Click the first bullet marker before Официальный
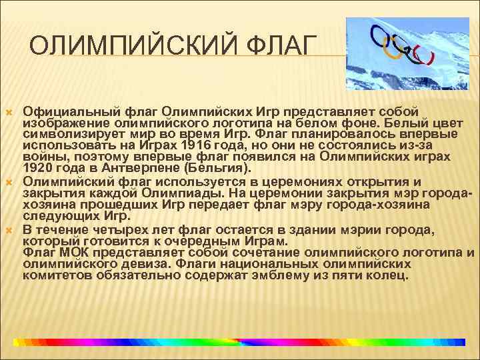tap(11, 111)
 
